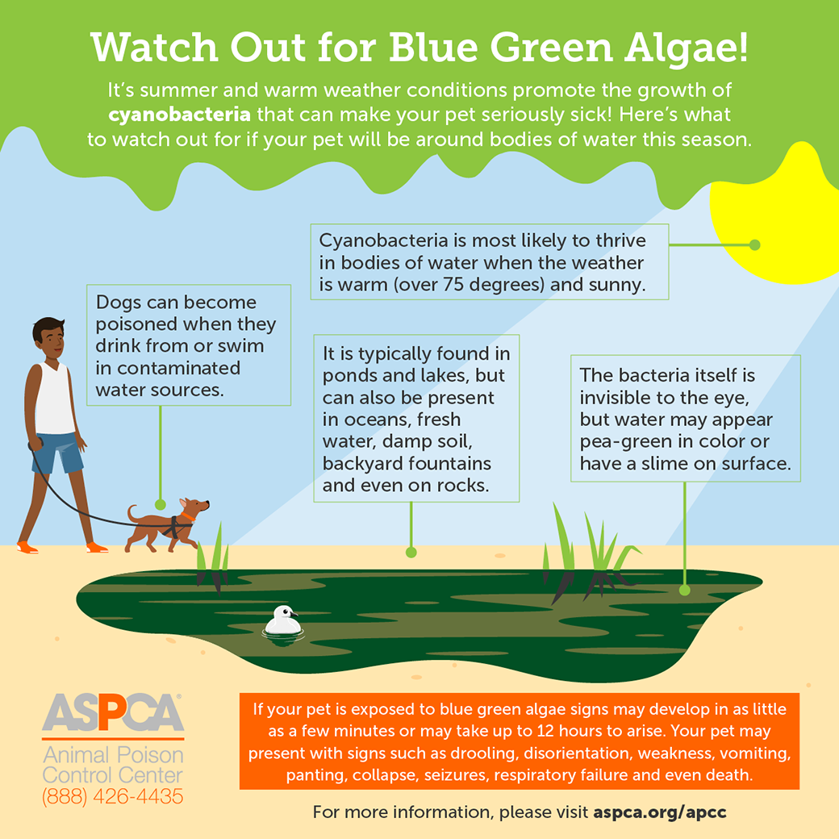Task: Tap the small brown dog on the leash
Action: click(x=168, y=525)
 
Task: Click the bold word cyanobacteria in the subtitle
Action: click(x=179, y=115)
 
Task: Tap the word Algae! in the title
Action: click(x=687, y=48)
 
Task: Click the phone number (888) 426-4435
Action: click(x=112, y=797)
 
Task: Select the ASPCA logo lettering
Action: click(x=113, y=712)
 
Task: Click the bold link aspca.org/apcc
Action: click(x=660, y=812)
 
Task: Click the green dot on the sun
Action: click(x=755, y=245)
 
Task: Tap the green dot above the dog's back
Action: click(x=161, y=504)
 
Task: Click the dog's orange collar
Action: click(x=188, y=516)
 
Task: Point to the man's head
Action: click(x=48, y=338)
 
